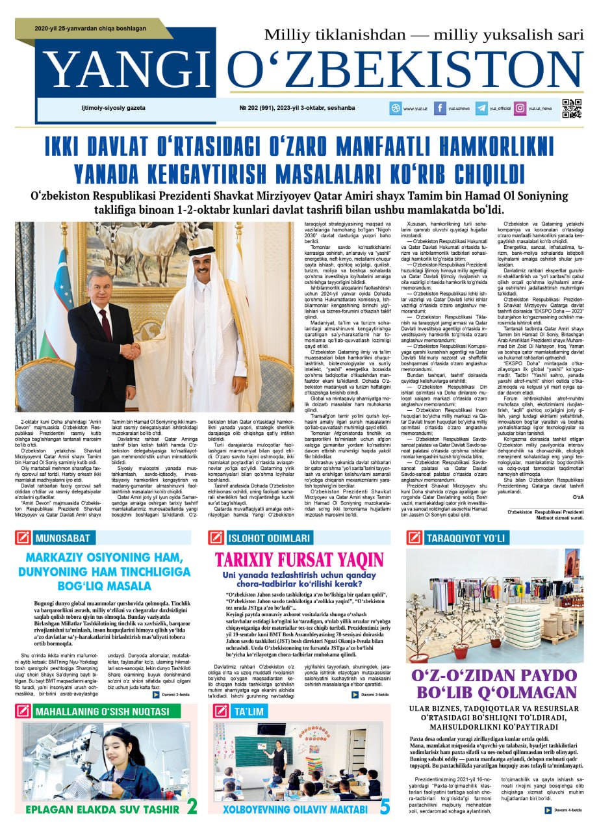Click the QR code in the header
pyautogui.click(x=571, y=108)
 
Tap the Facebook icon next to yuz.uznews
pyautogui.click(x=440, y=109)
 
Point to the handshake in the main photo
pyautogui.click(x=132, y=350)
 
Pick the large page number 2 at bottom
pyautogui.click(x=192, y=807)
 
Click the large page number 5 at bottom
pyautogui.click(x=385, y=807)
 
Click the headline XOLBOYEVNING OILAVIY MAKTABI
pyautogui.click(x=296, y=809)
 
